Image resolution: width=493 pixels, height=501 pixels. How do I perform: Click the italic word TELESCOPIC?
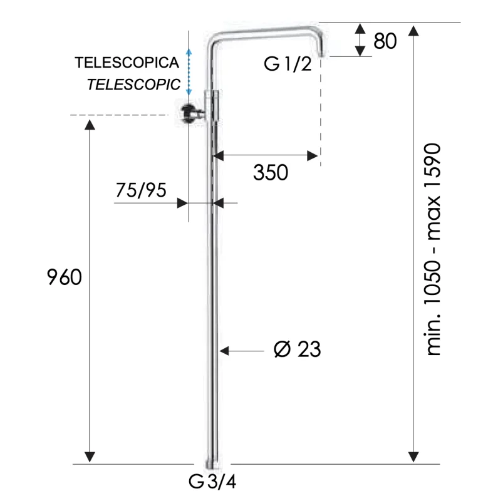[133, 84]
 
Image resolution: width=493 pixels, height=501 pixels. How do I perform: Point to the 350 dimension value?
[270, 172]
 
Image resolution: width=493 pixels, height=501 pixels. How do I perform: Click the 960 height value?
[64, 277]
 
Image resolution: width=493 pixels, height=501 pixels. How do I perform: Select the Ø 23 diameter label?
[297, 349]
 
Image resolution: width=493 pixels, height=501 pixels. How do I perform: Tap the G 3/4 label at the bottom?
[212, 482]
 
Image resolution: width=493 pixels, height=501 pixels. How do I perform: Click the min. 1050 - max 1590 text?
[433, 250]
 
